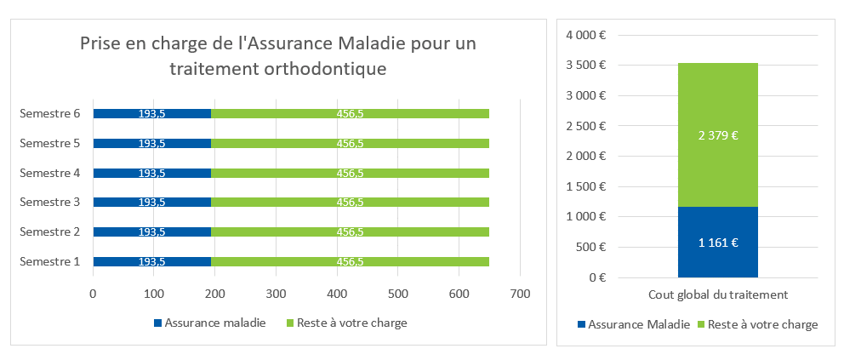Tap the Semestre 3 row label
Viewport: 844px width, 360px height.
click(49, 202)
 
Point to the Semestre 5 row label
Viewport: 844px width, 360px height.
click(49, 143)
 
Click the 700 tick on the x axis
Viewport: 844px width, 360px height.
click(520, 294)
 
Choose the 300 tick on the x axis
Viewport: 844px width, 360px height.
click(276, 294)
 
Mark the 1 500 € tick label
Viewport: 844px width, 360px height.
click(585, 186)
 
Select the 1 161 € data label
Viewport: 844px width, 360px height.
click(717, 243)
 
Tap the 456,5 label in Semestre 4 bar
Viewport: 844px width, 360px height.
click(351, 173)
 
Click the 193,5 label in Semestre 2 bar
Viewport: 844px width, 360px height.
click(151, 231)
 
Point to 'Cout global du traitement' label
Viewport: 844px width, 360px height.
click(717, 294)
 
